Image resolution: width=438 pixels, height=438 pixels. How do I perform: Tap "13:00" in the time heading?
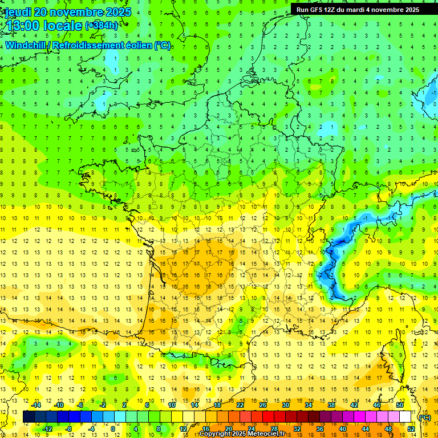pos(23,26)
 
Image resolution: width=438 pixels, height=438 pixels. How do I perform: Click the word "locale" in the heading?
pos(63,26)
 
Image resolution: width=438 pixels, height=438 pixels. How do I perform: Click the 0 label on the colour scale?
pos(113,429)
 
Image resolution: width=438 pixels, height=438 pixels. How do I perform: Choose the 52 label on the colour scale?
pos(411,429)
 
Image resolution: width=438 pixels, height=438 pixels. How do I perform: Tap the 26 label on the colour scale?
pos(263,405)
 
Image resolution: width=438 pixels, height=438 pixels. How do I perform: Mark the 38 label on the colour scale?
pos(331,405)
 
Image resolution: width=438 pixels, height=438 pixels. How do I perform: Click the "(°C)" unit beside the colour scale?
pos(424,417)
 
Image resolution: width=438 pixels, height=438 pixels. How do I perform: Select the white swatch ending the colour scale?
pos(405,417)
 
